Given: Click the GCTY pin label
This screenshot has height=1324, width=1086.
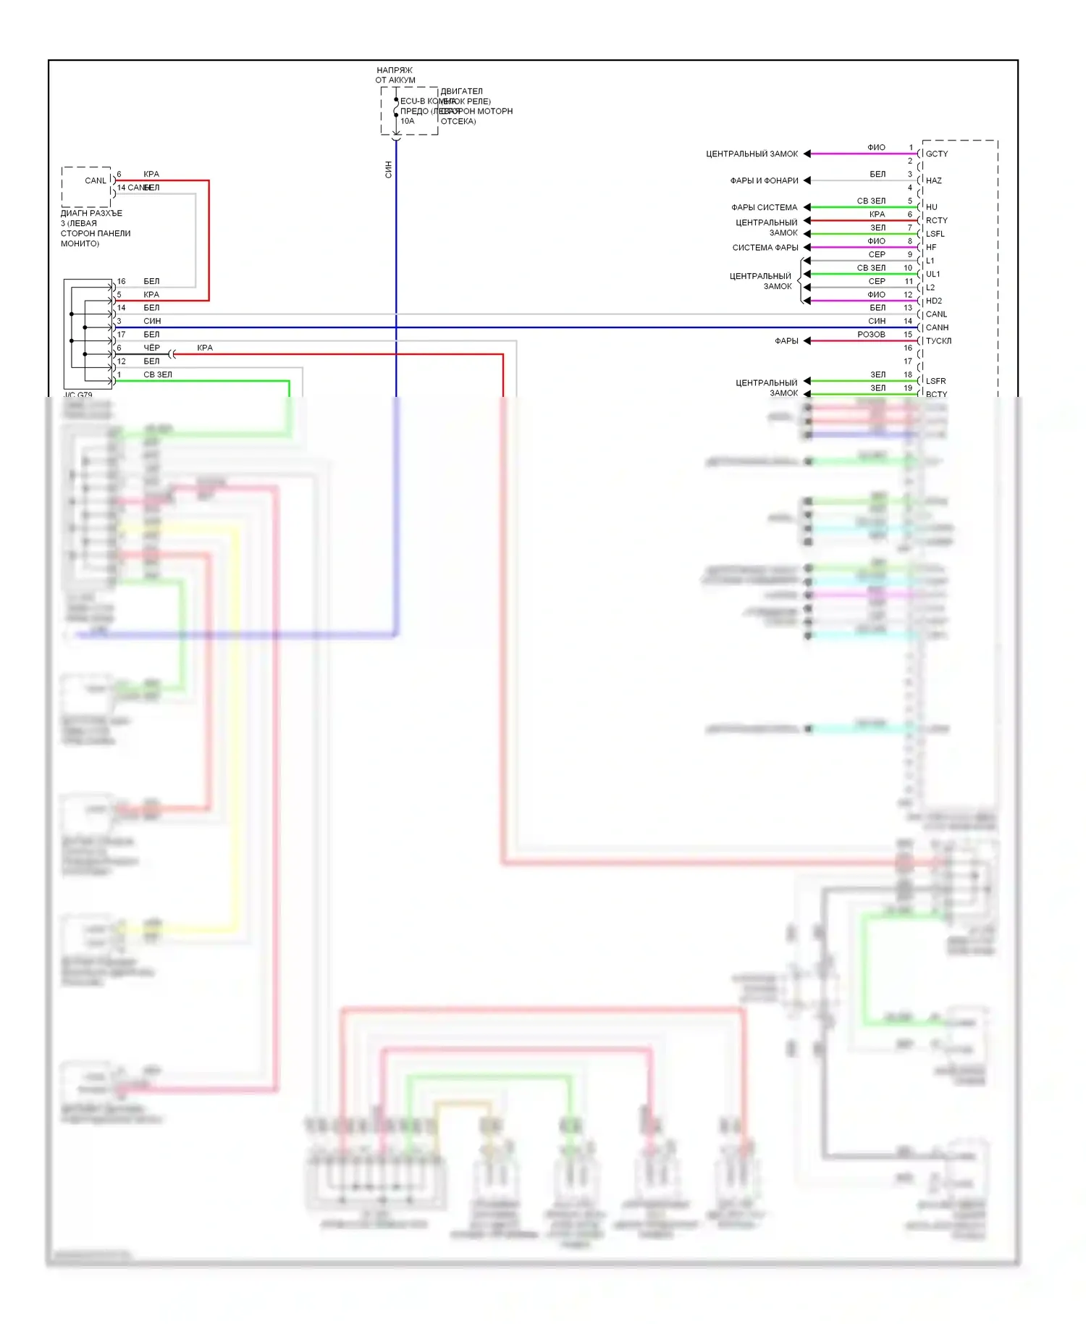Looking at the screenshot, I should [936, 154].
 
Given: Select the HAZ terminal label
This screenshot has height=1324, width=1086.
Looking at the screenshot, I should [933, 180].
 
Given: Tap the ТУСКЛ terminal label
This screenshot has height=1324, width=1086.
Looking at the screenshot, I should [938, 340].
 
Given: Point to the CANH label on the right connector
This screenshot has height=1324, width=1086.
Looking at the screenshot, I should [937, 327].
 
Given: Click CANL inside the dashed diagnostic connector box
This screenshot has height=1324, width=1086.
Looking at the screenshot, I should [96, 180].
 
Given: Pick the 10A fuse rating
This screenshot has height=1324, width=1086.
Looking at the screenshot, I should [408, 121].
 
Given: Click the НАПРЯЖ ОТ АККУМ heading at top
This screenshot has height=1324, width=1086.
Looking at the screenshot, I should [395, 75].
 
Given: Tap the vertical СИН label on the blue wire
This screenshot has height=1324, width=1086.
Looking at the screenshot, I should [388, 169].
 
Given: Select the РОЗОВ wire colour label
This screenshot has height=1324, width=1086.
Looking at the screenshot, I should [871, 335].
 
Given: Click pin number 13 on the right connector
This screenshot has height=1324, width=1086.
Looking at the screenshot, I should [908, 308].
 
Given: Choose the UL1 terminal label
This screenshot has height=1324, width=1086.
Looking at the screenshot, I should [933, 274].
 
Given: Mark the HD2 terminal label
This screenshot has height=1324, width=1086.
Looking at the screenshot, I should [934, 301].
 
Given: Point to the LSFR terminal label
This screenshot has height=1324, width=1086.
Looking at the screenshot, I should [935, 381].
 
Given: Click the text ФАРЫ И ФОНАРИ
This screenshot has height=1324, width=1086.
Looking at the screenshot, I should [764, 180].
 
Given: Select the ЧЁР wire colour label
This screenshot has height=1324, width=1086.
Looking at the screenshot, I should [151, 348].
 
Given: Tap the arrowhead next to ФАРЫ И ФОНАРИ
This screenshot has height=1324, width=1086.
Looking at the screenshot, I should [807, 180].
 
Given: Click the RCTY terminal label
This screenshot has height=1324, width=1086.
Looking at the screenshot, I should [936, 220].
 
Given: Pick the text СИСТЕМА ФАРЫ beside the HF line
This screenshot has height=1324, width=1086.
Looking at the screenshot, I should [765, 248].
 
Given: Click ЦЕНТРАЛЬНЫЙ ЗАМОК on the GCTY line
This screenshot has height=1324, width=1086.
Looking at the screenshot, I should [752, 154].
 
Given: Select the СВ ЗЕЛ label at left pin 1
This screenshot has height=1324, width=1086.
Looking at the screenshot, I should [158, 374].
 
